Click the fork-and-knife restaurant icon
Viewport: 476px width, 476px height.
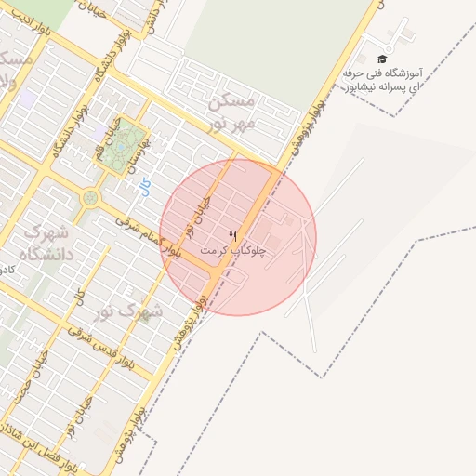(232, 236)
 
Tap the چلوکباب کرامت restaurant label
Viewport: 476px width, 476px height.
(232, 251)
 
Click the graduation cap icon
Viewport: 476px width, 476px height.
(382, 59)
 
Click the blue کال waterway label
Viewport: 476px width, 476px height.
(144, 187)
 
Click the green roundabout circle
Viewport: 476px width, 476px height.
(90, 197)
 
